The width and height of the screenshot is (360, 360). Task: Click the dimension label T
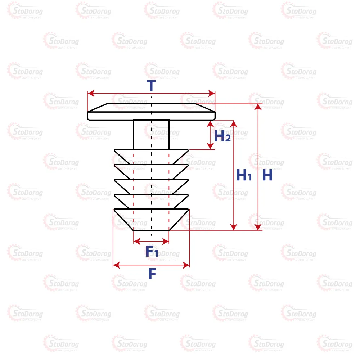point(151,86)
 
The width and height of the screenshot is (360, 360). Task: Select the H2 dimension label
point(222,136)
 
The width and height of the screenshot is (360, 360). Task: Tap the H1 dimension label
point(244,175)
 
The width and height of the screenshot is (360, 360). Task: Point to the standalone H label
point(267,175)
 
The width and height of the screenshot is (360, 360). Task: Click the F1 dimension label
point(152,251)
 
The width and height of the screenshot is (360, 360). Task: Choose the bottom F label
point(152,274)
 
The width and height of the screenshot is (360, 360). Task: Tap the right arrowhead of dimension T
point(212,94)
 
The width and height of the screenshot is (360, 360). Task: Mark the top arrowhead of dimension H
point(258,107)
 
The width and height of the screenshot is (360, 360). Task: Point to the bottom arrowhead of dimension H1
point(234,227)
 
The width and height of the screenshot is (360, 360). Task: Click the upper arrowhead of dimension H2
point(210,124)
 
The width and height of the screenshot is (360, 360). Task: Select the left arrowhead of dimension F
point(117,265)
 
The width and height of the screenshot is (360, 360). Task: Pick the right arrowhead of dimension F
point(186,265)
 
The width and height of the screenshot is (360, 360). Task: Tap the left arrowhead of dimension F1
point(137,241)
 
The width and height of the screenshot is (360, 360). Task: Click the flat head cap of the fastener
point(151,112)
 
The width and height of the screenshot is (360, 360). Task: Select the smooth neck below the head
point(151,135)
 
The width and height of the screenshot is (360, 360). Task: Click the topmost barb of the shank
point(151,157)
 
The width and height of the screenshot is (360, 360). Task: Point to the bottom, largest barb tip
point(151,220)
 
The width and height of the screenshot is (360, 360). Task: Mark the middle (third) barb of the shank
point(151,186)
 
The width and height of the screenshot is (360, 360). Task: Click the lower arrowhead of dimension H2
point(210,146)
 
